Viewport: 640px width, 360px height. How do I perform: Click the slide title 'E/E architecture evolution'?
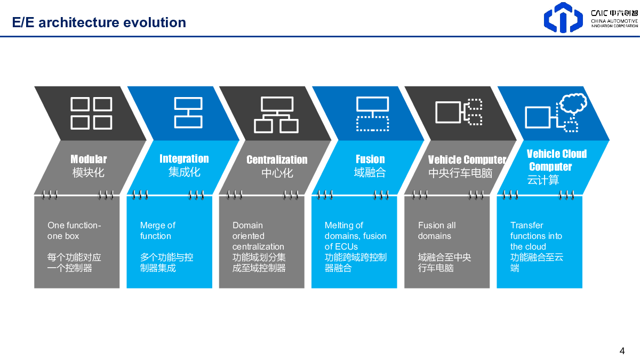(x=99, y=22)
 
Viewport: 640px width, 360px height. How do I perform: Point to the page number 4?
(x=622, y=351)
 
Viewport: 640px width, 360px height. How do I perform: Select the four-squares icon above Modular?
(x=91, y=113)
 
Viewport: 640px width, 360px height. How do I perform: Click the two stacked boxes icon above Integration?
(x=188, y=113)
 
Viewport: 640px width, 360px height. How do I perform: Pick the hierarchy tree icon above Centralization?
(x=276, y=115)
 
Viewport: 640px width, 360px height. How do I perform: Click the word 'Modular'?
(x=89, y=159)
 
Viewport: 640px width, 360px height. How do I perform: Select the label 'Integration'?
(x=185, y=158)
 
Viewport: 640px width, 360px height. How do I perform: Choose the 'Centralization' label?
(x=277, y=159)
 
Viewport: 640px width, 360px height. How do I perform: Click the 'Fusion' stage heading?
(x=370, y=159)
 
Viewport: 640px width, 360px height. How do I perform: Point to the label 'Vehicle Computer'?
(x=467, y=159)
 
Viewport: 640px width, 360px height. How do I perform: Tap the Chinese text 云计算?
(x=543, y=180)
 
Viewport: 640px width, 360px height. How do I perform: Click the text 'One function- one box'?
(x=74, y=230)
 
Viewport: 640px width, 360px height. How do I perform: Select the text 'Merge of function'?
(x=158, y=230)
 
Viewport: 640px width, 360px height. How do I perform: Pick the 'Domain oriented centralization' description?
(x=258, y=236)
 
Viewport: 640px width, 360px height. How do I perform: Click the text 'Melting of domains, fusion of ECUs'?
(x=355, y=236)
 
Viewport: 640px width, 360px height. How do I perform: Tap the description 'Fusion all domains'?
(x=437, y=230)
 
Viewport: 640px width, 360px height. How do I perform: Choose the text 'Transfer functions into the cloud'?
(x=536, y=236)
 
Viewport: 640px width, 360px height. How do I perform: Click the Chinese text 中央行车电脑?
(x=460, y=173)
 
